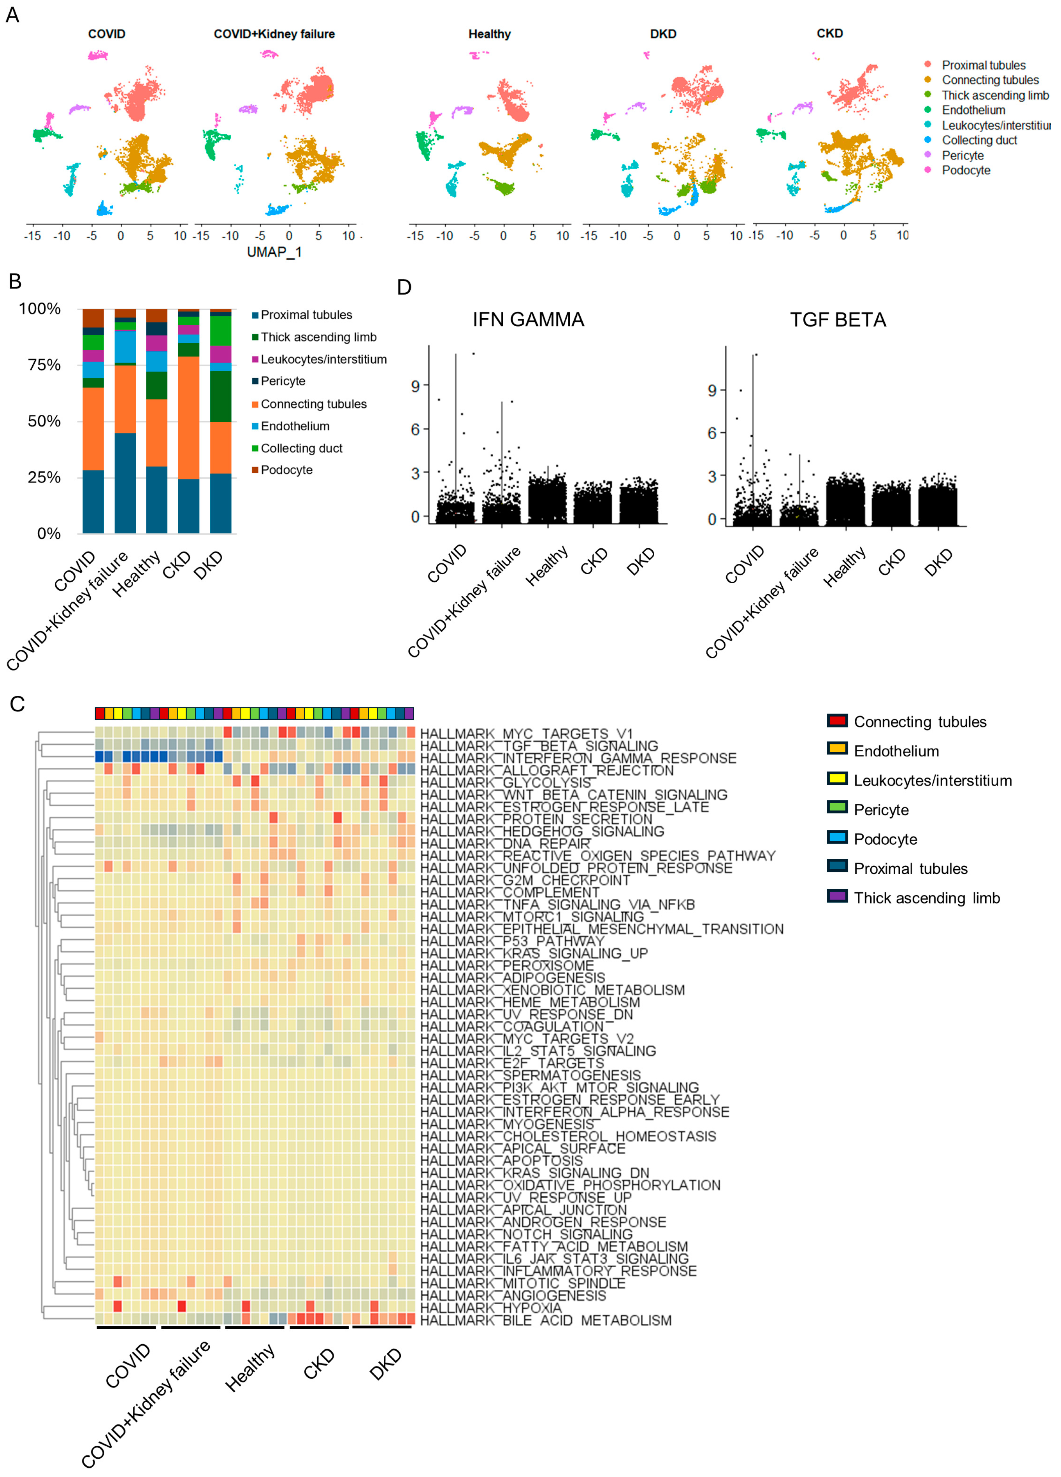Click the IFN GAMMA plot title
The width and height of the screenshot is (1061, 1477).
[528, 320]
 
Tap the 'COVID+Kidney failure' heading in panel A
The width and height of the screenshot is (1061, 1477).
[274, 34]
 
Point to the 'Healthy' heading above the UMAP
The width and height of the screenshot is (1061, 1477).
[489, 34]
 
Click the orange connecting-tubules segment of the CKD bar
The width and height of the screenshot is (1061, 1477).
[189, 417]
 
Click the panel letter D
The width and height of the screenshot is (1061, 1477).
[404, 287]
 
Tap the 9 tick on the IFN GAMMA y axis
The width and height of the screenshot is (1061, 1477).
[415, 386]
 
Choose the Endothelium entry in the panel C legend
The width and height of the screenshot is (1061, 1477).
[896, 751]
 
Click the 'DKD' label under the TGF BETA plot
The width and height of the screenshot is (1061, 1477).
[938, 562]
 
